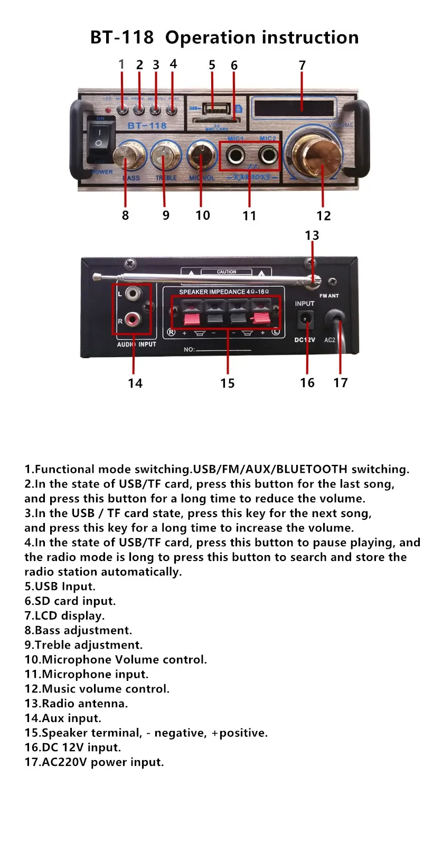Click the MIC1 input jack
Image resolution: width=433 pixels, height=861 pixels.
tap(235, 156)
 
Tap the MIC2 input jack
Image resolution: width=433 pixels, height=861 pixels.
tap(268, 156)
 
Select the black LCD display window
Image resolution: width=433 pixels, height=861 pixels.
tap(294, 108)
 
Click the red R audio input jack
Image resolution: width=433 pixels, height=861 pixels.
tap(132, 320)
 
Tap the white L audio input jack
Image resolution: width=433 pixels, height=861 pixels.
tap(133, 293)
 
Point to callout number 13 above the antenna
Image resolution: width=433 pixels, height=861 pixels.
tap(312, 236)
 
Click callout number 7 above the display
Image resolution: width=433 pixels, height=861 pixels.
tap(302, 65)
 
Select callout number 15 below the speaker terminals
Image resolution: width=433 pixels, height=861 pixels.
tap(228, 383)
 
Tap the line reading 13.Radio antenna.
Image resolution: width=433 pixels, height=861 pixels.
tap(76, 704)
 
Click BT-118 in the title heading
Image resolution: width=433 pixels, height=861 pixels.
tap(122, 38)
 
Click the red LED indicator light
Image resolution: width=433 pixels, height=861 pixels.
tap(108, 110)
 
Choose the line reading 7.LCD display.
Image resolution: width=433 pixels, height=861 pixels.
tap(64, 616)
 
